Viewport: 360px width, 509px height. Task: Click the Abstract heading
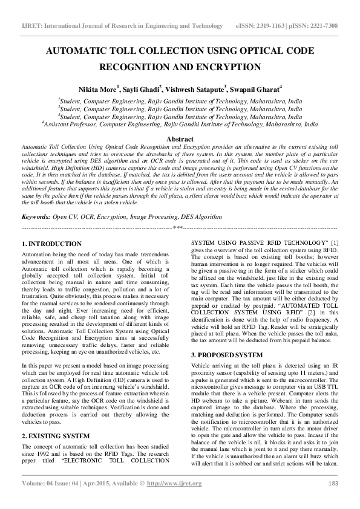click(180, 138)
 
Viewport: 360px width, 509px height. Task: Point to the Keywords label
click(36, 216)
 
